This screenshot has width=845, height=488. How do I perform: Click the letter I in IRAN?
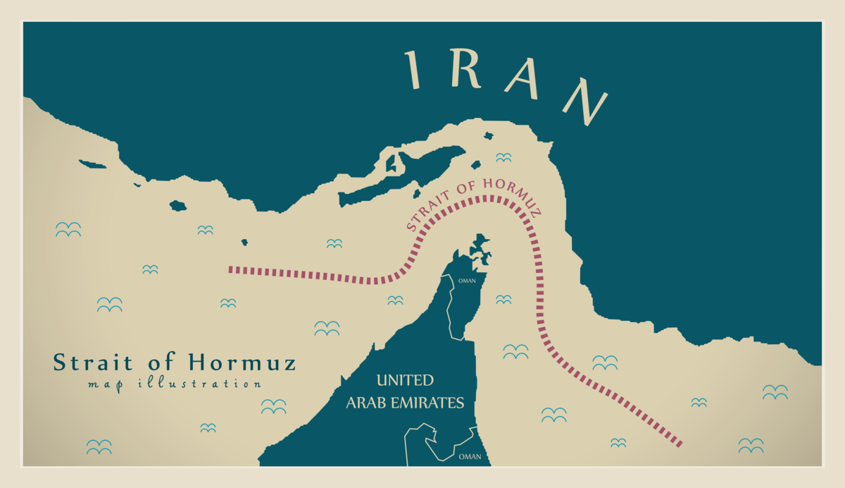click(x=413, y=70)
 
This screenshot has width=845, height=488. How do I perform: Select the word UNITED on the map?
click(x=405, y=381)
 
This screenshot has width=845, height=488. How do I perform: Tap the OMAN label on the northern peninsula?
click(x=467, y=281)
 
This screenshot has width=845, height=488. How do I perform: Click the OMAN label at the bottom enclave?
click(x=470, y=457)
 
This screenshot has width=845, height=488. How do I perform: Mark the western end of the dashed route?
click(x=230, y=269)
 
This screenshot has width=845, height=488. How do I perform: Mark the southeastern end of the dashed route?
click(x=680, y=444)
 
